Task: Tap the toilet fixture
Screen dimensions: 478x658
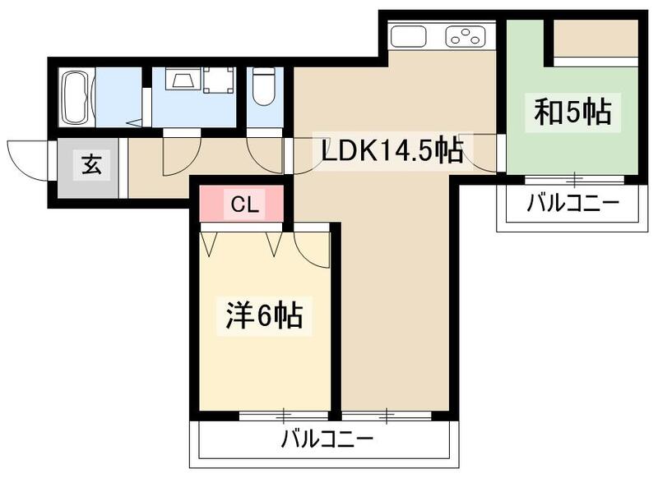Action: tap(263, 89)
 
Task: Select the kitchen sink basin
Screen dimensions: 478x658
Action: tap(408, 37)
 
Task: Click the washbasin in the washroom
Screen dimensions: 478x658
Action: tap(182, 80)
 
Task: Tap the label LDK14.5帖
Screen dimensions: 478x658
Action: tap(390, 150)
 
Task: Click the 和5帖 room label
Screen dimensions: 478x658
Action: tap(573, 113)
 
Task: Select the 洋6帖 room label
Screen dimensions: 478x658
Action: tap(264, 315)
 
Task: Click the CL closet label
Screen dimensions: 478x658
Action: tap(243, 205)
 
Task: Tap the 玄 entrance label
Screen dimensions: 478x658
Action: tap(92, 165)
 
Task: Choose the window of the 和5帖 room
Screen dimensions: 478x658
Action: tap(573, 177)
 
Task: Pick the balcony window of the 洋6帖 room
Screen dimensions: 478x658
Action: tap(285, 414)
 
